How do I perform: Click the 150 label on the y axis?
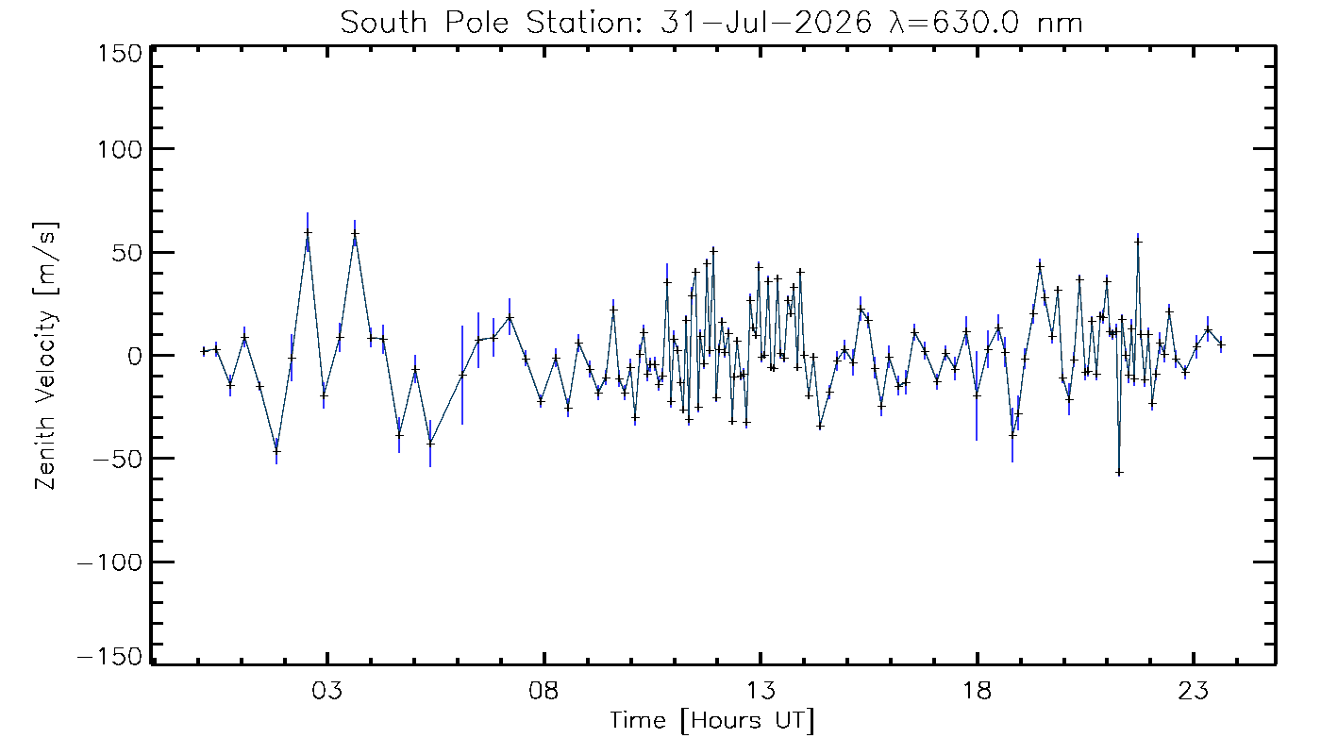point(120,54)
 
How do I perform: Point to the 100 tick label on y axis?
point(120,149)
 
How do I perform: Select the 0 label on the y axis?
point(135,356)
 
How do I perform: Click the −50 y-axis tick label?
point(117,459)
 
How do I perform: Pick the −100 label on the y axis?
point(110,562)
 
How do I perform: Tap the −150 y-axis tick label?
point(110,657)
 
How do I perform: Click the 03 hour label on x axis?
point(327,690)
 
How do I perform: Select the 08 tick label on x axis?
point(543,690)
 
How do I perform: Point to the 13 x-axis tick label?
point(761,690)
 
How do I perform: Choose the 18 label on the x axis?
point(978,690)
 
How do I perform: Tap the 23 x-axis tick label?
point(1194,690)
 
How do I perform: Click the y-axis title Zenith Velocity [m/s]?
point(46,356)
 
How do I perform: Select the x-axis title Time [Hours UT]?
point(712,721)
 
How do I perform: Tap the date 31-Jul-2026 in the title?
point(766,24)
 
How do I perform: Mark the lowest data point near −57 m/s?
point(1119,473)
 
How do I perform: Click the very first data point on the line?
point(204,351)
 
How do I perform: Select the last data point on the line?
point(1221,344)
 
